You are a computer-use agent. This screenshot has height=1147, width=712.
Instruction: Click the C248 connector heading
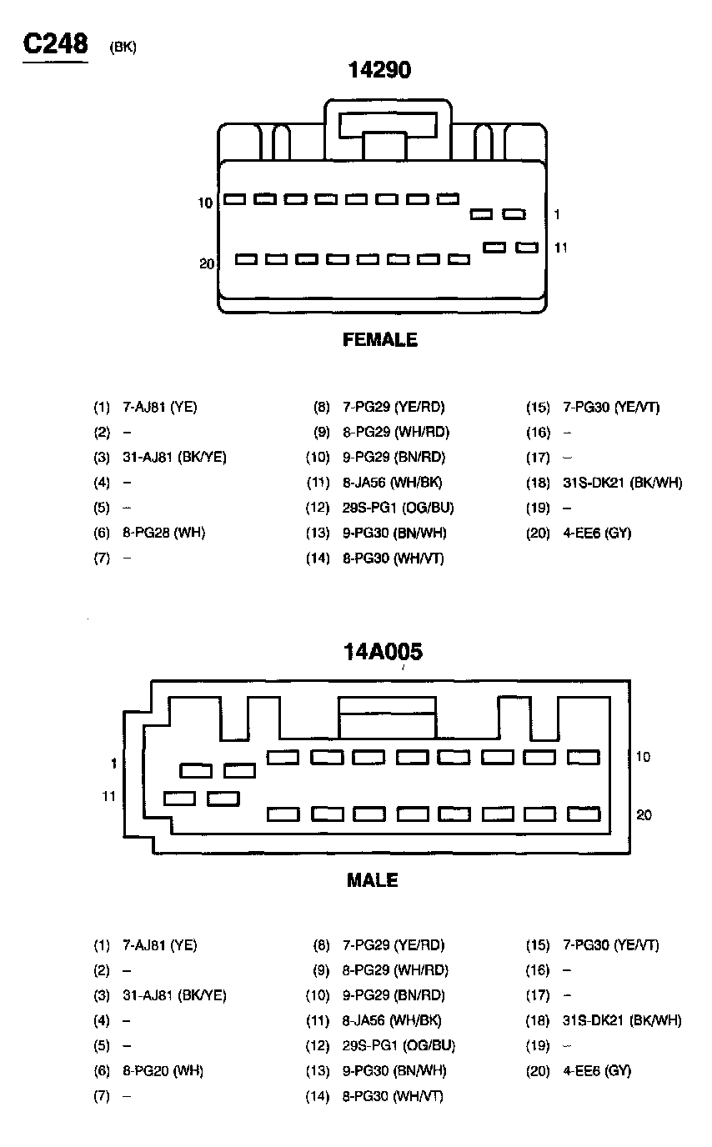tap(55, 43)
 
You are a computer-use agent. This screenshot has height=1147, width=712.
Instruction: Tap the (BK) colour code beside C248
tap(123, 48)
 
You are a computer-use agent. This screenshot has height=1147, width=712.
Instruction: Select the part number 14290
tap(379, 71)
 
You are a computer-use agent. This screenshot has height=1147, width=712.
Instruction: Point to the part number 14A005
tap(384, 651)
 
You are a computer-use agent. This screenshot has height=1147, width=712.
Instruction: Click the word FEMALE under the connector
tap(380, 340)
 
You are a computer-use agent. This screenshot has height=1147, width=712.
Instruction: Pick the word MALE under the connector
tap(373, 880)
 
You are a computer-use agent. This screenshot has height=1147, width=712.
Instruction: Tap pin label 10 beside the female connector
tap(206, 203)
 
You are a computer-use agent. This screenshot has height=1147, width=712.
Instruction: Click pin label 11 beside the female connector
tap(561, 248)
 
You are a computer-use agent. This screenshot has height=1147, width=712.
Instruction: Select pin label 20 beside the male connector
tap(644, 815)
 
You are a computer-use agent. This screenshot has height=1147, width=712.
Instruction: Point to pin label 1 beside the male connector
tap(113, 764)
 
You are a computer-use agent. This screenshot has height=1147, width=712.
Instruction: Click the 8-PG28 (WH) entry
tap(163, 533)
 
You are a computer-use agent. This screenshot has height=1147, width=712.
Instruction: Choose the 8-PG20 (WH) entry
tap(163, 1070)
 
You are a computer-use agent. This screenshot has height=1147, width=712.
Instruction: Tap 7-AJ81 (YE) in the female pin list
tap(160, 408)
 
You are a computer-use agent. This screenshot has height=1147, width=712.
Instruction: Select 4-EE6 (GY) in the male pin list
tap(597, 1070)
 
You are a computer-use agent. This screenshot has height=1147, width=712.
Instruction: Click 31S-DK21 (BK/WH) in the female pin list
tap(622, 483)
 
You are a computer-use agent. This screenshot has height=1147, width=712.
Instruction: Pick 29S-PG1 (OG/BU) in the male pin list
tap(399, 1045)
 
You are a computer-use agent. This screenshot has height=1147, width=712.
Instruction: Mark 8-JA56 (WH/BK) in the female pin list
tap(392, 483)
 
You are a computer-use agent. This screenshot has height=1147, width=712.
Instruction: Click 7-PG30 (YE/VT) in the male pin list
tap(611, 945)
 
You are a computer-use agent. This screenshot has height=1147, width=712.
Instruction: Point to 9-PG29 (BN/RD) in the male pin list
tap(394, 995)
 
